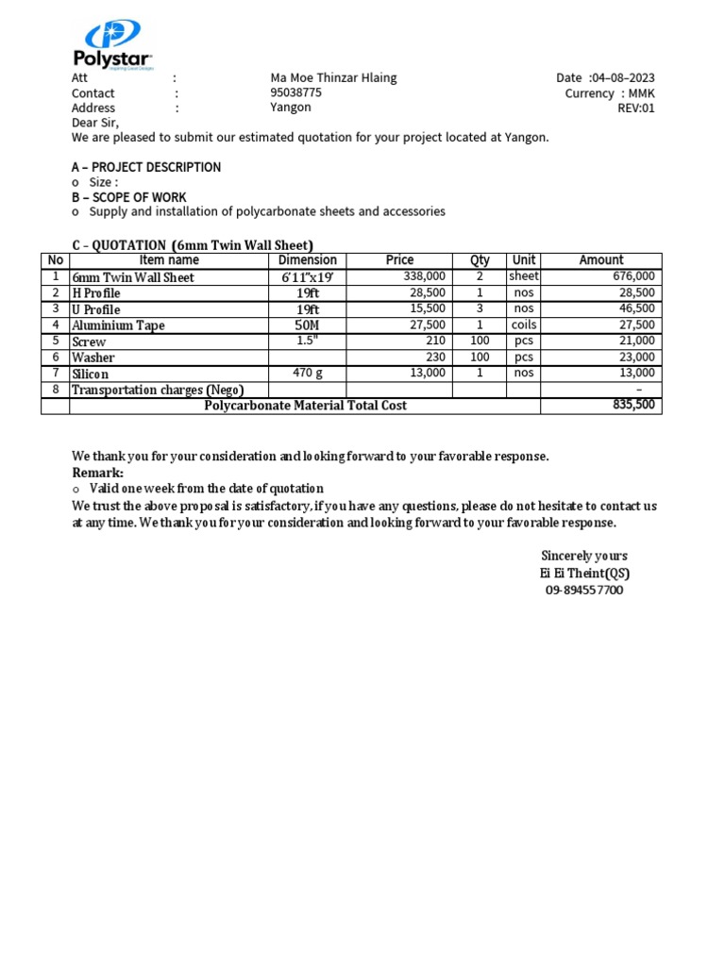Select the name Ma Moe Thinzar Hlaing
pos(333,78)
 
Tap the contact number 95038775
pos(295,93)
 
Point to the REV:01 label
pos(635,108)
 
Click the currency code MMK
pos(641,93)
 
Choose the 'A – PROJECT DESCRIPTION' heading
pos(146,167)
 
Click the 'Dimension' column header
pos(308,260)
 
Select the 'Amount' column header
pos(601,260)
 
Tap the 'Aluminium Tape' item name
pos(118,325)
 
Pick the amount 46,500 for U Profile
pos(636,308)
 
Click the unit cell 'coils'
pos(524,325)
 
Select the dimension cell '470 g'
pos(308,373)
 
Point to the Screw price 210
pos(435,341)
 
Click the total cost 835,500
pos(633,405)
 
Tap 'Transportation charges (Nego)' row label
pos(158,390)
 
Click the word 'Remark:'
pos(98,473)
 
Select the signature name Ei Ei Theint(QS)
pos(584,573)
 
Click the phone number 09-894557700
pos(584,590)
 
